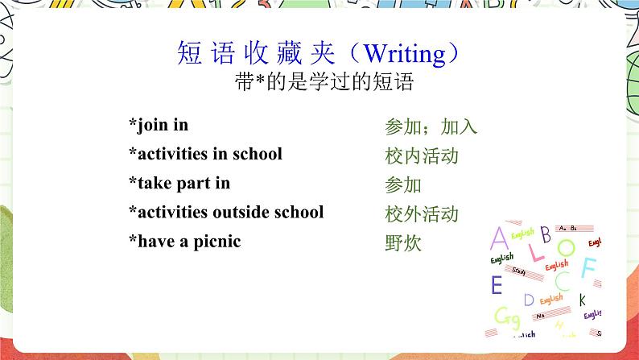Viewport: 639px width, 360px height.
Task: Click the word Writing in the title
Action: (x=405, y=54)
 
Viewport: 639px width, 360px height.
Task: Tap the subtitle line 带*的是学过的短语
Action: (x=324, y=81)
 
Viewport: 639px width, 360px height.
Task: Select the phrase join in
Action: (x=163, y=125)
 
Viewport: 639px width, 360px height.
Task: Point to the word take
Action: (x=155, y=183)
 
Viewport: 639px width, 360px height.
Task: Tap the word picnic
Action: (x=216, y=242)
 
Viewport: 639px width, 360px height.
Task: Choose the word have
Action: (x=156, y=242)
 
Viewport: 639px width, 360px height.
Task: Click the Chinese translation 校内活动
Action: (x=422, y=156)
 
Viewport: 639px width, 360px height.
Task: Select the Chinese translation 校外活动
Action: (x=422, y=214)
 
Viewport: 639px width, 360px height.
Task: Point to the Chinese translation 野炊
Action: (x=403, y=243)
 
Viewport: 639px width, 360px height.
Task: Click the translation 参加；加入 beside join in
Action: (x=431, y=126)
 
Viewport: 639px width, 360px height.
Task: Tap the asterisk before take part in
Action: (x=133, y=180)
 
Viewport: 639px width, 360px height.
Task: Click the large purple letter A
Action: (x=499, y=238)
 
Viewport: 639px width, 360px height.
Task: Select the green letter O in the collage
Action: (x=566, y=247)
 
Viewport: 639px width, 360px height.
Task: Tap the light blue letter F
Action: (x=589, y=267)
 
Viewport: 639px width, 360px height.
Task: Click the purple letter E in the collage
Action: (x=497, y=284)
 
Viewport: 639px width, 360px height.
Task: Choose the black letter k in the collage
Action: (x=583, y=300)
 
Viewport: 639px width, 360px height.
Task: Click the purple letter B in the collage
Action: (x=546, y=234)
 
